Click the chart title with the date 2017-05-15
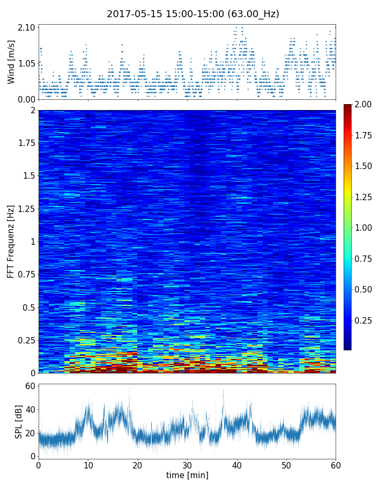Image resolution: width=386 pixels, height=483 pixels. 193,14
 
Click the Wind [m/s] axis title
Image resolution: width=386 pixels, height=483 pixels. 11,62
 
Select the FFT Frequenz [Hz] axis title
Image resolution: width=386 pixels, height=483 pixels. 11,241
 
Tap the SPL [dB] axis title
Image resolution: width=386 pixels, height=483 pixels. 19,420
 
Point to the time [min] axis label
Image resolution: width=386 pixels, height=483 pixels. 187,475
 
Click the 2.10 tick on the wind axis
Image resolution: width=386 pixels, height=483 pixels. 27,27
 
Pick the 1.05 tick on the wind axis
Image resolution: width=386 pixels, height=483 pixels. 27,63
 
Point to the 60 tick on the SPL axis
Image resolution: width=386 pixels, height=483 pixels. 29,386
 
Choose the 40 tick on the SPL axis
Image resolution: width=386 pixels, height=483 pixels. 29,409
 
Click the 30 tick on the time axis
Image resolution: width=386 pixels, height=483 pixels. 187,465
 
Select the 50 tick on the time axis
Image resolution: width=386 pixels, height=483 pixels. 286,465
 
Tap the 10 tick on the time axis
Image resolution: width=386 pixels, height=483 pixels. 88,465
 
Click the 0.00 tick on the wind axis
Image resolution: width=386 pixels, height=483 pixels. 27,99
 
